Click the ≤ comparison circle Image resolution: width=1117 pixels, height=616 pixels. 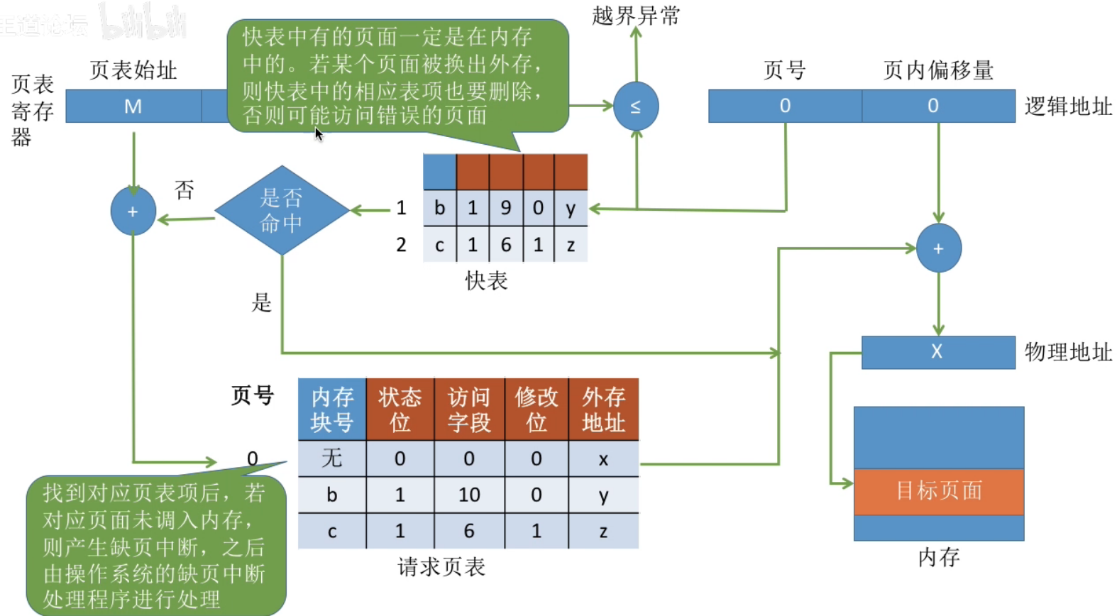[x=636, y=106]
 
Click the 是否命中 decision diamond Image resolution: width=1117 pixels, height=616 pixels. [x=282, y=211]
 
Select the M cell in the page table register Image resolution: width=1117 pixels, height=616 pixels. [x=133, y=106]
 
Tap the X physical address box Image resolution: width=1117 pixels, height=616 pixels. [x=937, y=352]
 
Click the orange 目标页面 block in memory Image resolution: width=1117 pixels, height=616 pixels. [x=938, y=491]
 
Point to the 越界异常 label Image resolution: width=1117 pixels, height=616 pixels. [x=636, y=16]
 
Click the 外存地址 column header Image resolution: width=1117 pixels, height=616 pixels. [x=603, y=409]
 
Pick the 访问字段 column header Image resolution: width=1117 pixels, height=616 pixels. [x=469, y=409]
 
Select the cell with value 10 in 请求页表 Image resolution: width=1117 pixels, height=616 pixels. [x=469, y=495]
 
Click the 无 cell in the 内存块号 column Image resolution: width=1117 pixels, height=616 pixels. [x=331, y=458]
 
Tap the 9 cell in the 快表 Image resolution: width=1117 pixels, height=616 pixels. [x=506, y=208]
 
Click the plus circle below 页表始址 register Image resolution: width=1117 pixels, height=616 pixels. [x=133, y=211]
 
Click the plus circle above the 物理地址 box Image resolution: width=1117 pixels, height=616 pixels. [x=938, y=248]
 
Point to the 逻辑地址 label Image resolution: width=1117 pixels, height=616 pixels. [x=1067, y=106]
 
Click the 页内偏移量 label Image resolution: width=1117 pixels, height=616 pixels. [x=937, y=70]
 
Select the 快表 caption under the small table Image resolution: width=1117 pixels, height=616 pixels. [x=486, y=281]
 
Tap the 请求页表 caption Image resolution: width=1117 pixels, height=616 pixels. [x=441, y=567]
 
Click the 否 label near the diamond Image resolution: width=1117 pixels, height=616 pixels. [x=184, y=189]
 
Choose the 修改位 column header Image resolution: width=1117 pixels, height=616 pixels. [x=537, y=409]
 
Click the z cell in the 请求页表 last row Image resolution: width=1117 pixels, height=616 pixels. [x=603, y=532]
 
